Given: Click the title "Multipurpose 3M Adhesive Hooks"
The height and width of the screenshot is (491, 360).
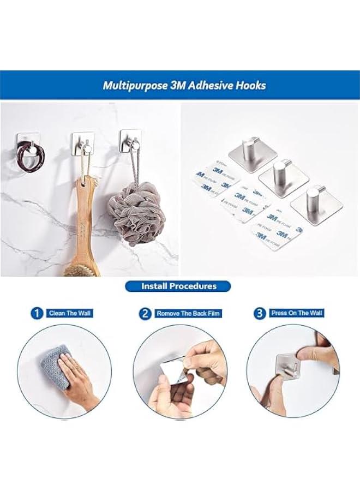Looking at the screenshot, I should click(184, 86).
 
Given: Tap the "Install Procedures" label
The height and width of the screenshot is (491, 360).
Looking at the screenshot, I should click(178, 286).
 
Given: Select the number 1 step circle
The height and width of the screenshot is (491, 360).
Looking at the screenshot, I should click(37, 313).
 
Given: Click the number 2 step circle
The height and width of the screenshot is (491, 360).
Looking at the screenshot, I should click(145, 313).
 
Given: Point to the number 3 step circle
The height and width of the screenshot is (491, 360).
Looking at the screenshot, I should click(260, 313).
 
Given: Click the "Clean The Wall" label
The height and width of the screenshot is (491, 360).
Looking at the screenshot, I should click(70, 313).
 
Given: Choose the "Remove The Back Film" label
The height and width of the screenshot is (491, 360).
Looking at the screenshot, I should click(188, 314).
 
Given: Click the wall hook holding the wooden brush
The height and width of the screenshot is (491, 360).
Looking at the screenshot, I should click(83, 143).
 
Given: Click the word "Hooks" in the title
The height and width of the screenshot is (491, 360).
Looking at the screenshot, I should click(250, 86).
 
